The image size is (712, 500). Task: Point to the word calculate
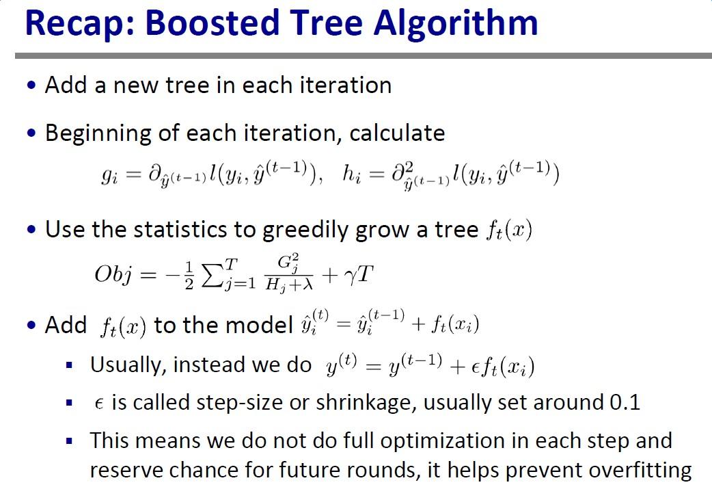pyautogui.click(x=397, y=133)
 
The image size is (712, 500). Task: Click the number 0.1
pyautogui.click(x=625, y=402)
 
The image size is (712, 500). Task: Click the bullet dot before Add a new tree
pyautogui.click(x=31, y=86)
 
